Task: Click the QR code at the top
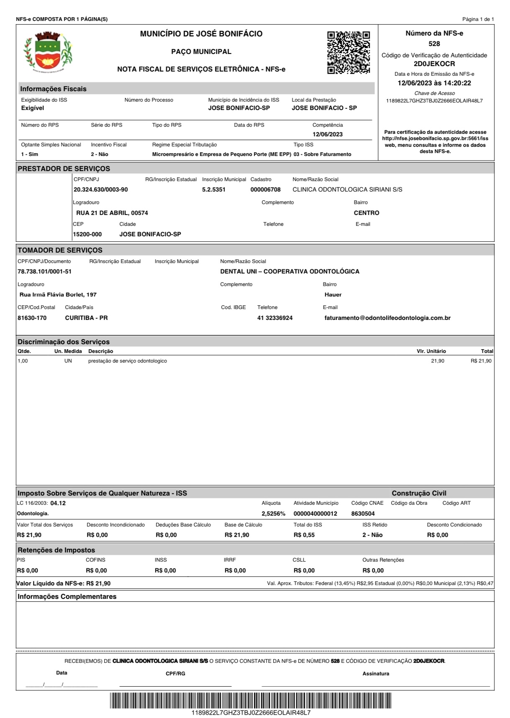(349, 52)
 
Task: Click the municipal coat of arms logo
(47, 52)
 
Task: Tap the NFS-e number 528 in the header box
(434, 43)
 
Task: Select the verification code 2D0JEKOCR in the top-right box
(434, 64)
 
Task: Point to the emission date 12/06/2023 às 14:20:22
(434, 83)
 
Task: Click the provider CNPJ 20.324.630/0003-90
(100, 189)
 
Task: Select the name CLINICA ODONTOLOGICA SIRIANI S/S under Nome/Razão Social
(347, 189)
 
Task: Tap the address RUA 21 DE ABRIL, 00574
(112, 213)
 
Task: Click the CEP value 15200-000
(87, 234)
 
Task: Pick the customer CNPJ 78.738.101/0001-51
(44, 271)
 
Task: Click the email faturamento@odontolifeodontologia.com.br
(387, 318)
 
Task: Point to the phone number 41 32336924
(275, 318)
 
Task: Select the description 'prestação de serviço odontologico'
(127, 361)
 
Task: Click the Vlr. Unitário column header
(431, 351)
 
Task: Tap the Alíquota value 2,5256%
(273, 514)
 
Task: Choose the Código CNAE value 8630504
(363, 514)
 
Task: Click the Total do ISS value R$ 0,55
(304, 535)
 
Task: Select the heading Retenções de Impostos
(56, 550)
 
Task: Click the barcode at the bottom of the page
(251, 700)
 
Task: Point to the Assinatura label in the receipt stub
(375, 674)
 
